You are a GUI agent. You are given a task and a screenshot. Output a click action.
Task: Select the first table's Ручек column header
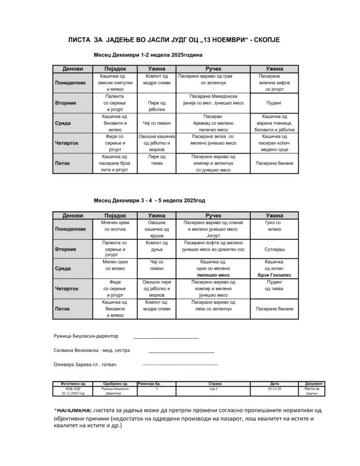[213, 69]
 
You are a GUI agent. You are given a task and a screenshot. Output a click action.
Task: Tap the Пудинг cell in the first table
[274, 103]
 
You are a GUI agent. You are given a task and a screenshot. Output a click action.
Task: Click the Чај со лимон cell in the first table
[156, 123]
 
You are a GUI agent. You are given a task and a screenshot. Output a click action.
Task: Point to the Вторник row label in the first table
[66, 103]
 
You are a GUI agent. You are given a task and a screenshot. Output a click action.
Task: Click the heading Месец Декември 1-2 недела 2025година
[148, 54]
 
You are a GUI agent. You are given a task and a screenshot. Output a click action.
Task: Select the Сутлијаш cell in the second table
[274, 249]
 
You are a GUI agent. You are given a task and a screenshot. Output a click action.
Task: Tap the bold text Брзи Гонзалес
[275, 275]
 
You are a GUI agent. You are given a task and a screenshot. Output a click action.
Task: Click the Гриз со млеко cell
[274, 225]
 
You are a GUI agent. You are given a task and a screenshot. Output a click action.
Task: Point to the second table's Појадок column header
[115, 215]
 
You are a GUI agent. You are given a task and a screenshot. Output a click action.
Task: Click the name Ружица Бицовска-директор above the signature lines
[86, 336]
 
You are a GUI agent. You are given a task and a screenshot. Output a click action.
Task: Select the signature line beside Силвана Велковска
[181, 352]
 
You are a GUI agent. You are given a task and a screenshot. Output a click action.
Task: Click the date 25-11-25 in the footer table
[274, 388]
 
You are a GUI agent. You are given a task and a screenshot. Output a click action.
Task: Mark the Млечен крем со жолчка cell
[115, 225]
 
